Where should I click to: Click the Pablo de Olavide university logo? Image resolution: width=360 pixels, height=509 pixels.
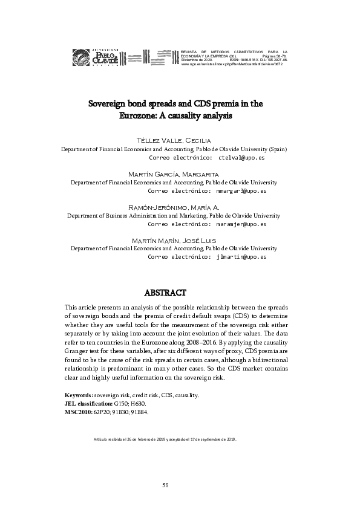pos(99,57)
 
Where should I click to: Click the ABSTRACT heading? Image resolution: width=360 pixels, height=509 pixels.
pos(180,293)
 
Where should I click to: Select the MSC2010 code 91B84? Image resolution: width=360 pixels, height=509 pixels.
pos(139,412)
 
